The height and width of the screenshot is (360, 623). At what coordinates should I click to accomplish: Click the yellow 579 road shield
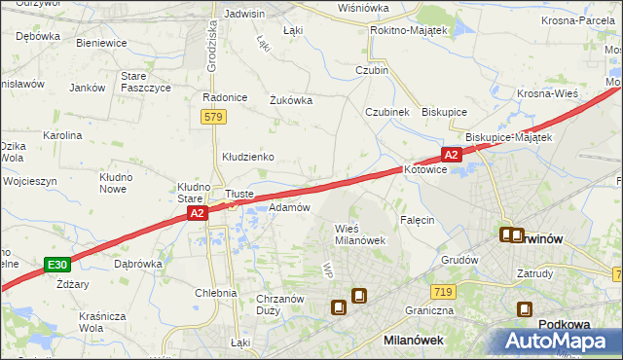pyautogui.click(x=215, y=117)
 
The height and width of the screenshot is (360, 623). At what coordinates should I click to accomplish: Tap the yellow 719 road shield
pyautogui.click(x=442, y=291)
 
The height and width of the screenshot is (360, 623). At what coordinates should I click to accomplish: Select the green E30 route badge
pyautogui.click(x=57, y=264)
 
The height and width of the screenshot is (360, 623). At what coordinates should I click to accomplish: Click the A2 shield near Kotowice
pyautogui.click(x=451, y=154)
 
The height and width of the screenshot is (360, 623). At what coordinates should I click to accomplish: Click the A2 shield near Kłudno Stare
pyautogui.click(x=197, y=212)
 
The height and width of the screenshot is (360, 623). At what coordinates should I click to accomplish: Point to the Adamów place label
pyautogui.click(x=288, y=207)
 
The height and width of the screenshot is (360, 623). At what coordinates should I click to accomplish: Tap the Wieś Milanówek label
pyautogui.click(x=361, y=234)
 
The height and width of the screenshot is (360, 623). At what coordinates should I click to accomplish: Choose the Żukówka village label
pyautogui.click(x=290, y=98)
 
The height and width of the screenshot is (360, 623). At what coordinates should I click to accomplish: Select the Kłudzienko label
pyautogui.click(x=247, y=156)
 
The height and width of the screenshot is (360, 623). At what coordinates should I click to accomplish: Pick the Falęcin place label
pyautogui.click(x=416, y=220)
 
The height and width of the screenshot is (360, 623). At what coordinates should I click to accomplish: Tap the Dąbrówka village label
pyautogui.click(x=137, y=263)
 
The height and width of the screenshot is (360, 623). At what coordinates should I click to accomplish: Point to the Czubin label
pyautogui.click(x=372, y=70)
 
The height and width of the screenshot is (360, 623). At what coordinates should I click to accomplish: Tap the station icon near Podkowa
pyautogui.click(x=525, y=310)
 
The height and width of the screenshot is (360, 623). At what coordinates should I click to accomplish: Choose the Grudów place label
pyautogui.click(x=459, y=260)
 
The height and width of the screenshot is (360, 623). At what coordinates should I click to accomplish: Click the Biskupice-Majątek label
pyautogui.click(x=509, y=137)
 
